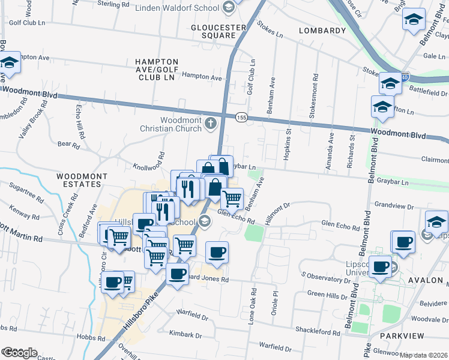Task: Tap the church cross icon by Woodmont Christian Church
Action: (210, 124)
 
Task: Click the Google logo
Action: (19, 353)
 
